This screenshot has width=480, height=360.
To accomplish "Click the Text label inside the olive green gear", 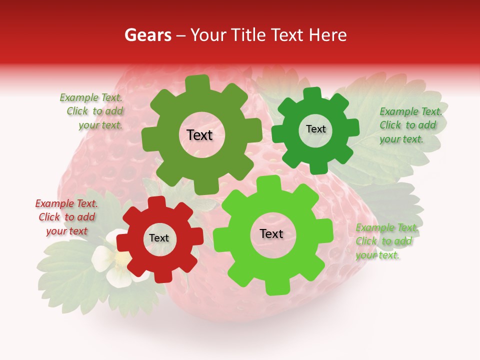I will coord(199,135).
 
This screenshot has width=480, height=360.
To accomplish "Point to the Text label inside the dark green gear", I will coord(315,129).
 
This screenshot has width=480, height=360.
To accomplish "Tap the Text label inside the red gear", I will coord(159,238).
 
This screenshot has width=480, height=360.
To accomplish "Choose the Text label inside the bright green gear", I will coord(271,234).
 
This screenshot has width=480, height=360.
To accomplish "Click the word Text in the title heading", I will coord(288,35).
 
